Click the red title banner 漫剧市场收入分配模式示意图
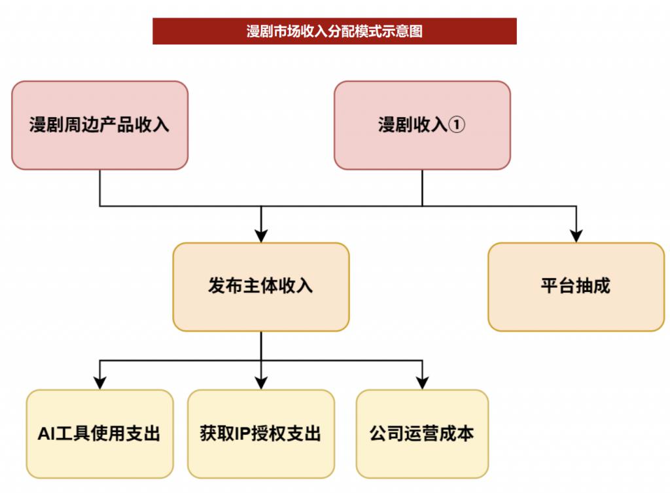click(334, 31)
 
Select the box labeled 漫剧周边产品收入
click(99, 125)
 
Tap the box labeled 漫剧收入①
click(422, 125)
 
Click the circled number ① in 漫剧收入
click(457, 125)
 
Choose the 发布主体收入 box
click(260, 287)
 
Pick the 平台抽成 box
click(576, 287)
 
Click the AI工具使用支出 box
click(99, 433)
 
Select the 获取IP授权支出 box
click(260, 433)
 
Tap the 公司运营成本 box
click(422, 433)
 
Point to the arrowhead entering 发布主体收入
click(261, 236)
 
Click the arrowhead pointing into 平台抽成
click(576, 236)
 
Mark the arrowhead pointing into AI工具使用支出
click(99, 383)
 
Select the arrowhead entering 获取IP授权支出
click(261, 383)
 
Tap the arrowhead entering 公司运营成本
click(422, 383)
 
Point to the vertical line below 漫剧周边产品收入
click(99, 188)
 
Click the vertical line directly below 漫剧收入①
click(422, 188)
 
